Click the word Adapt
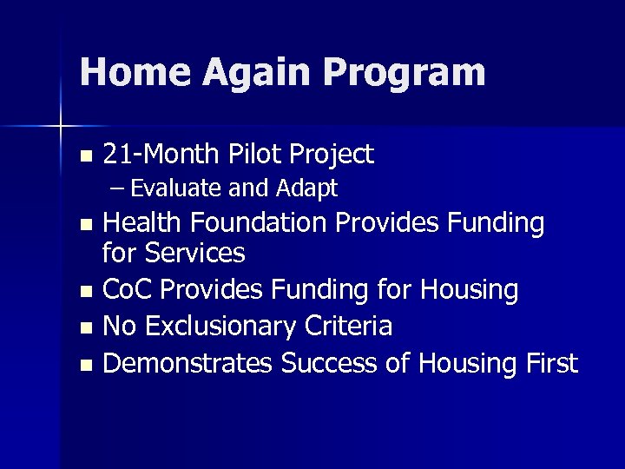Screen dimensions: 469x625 tap(306, 188)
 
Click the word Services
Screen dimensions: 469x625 tap(196, 254)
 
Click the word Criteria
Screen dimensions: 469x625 tap(346, 327)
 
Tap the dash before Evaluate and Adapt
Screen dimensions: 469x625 tap(115, 188)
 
